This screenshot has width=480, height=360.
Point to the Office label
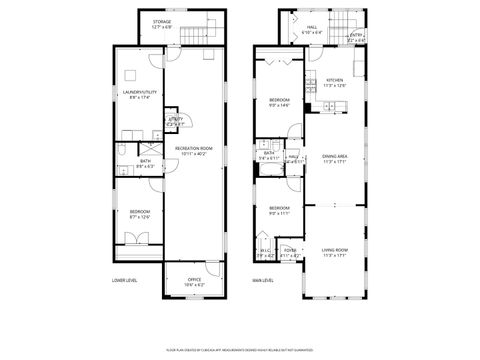coord(194,282)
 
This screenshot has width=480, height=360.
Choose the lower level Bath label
coord(145,163)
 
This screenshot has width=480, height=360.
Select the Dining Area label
coord(334,158)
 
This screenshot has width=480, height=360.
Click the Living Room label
coord(334,251)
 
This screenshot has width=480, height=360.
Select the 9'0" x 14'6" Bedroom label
coord(280,102)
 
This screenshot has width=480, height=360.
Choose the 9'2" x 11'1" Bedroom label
coord(280,211)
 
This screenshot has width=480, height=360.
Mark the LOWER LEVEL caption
coord(124,281)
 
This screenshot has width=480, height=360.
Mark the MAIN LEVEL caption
coord(263,281)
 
